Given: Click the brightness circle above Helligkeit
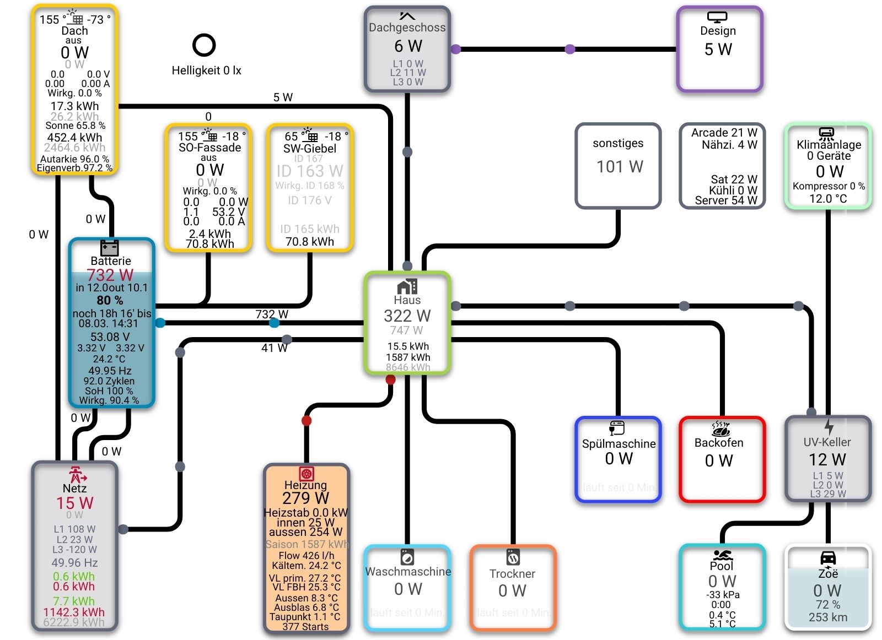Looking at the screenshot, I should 204,45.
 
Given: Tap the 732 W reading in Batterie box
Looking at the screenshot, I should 110,275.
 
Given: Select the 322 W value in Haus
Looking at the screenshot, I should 407,316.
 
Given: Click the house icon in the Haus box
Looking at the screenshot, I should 407,286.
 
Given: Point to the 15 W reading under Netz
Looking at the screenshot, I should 74,503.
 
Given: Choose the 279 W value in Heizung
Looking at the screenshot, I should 305,498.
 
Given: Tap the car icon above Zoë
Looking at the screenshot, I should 828,558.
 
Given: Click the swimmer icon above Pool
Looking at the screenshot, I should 722,555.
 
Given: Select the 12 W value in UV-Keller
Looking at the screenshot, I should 827,459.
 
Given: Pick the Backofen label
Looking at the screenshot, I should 719,443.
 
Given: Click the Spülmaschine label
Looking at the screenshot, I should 619,444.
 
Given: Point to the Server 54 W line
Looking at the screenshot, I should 725,200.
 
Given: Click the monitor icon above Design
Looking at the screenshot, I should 717,17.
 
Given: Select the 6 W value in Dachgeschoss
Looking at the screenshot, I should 408,46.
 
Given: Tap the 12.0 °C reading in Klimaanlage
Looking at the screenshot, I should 828,198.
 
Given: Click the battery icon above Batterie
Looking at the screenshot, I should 110,247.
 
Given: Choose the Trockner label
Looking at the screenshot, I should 512,574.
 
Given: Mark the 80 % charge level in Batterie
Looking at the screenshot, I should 110,300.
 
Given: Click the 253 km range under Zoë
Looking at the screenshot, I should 828,617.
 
